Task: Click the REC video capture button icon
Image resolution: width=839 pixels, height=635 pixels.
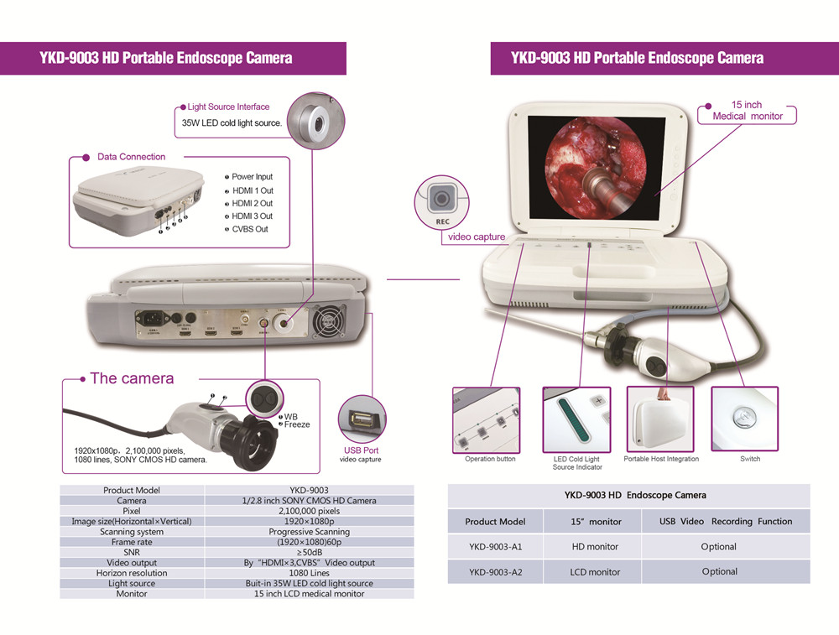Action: click(x=440, y=199)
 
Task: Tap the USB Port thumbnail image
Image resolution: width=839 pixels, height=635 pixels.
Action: click(x=362, y=419)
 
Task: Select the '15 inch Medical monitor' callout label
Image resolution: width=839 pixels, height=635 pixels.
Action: click(x=747, y=111)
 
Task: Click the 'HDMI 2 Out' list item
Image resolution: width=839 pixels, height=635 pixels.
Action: click(x=252, y=204)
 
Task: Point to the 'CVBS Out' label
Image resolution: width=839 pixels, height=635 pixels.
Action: click(x=250, y=229)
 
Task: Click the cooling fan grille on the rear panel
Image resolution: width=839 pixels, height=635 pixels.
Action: click(x=328, y=321)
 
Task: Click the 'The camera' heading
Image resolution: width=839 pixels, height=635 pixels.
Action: click(x=132, y=378)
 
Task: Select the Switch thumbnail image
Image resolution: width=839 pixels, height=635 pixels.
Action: click(x=745, y=419)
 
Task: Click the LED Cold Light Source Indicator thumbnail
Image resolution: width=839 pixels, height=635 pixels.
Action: click(x=576, y=419)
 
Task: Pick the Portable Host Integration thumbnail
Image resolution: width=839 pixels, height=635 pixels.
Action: click(x=660, y=419)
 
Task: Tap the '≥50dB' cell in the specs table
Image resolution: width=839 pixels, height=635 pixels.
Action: click(x=310, y=553)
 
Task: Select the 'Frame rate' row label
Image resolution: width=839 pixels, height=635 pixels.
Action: click(x=132, y=543)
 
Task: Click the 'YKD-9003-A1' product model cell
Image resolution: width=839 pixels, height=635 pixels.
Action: click(x=495, y=547)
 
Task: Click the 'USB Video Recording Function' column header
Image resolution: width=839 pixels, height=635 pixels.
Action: click(x=726, y=522)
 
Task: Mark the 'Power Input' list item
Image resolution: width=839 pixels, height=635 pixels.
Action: click(x=252, y=177)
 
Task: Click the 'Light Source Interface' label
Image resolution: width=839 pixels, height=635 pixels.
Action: click(x=228, y=107)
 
